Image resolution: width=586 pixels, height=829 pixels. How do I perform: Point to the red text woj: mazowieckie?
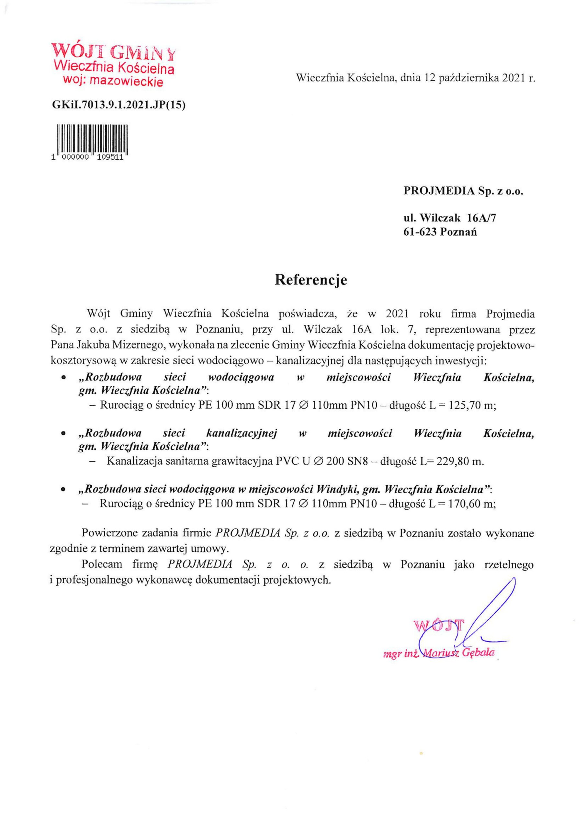pos(113,82)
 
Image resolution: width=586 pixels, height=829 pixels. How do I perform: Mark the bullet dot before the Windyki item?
pos(63,491)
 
